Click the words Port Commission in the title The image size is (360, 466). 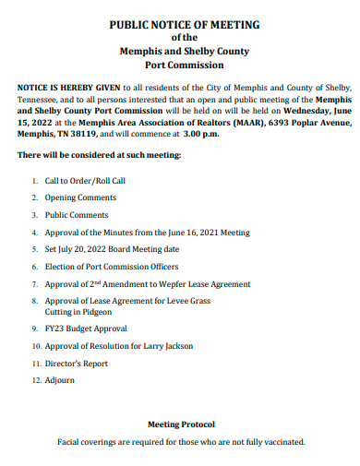(184, 66)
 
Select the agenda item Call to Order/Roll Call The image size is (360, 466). (85, 181)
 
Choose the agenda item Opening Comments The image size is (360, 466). (79, 197)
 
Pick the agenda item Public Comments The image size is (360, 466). (77, 215)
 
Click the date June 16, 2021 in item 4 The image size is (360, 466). (191, 233)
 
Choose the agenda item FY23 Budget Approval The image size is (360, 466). (86, 329)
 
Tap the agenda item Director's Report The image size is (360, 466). (77, 364)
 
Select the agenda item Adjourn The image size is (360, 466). (60, 380)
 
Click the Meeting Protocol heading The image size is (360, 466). (181, 424)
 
